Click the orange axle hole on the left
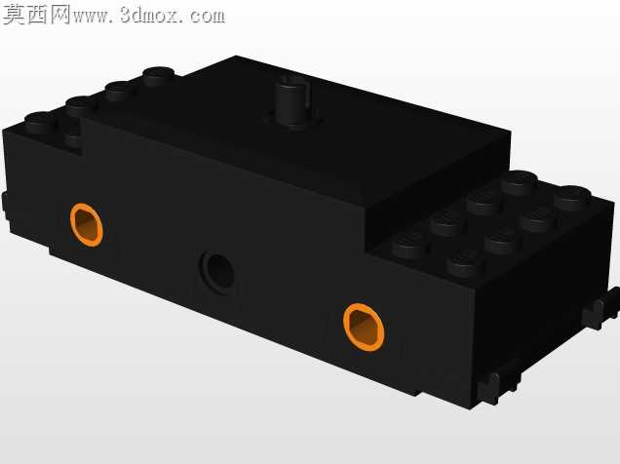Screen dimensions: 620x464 [87, 225]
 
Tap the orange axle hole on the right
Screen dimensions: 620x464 [364, 327]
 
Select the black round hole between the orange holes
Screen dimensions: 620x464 [218, 272]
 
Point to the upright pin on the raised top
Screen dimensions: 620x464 [293, 100]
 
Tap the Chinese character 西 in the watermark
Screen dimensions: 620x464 [38, 15]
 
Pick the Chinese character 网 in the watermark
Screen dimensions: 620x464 [60, 15]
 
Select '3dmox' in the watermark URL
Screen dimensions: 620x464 [151, 16]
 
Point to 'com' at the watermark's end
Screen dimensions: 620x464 [208, 17]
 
